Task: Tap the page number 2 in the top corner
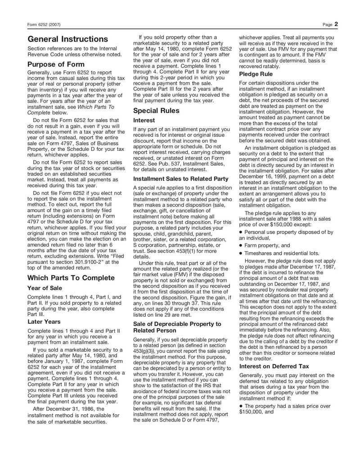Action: (x=336, y=24)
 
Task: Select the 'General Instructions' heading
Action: (x=67, y=39)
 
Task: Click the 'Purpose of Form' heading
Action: (x=56, y=64)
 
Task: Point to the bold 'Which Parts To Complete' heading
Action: (x=71, y=278)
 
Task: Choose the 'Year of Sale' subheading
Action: (x=45, y=288)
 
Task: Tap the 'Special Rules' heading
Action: (x=156, y=111)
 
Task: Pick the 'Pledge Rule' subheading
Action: (x=256, y=74)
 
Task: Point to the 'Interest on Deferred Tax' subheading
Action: (x=274, y=367)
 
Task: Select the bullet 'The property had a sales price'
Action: (x=287, y=406)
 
